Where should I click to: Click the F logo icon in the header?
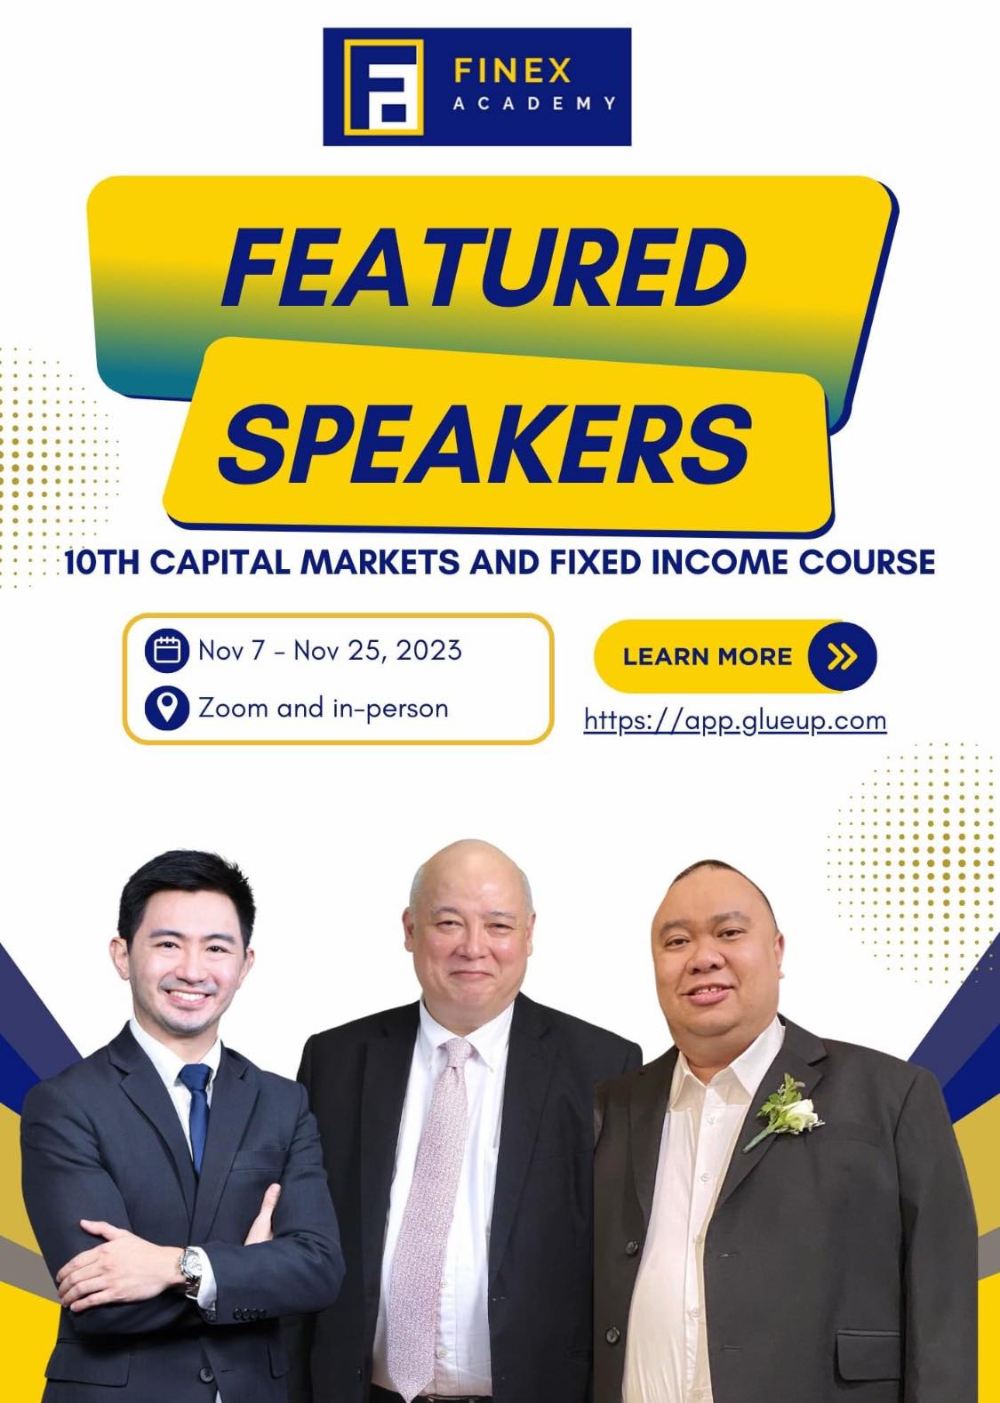[x=383, y=87]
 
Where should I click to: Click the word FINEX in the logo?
[x=512, y=71]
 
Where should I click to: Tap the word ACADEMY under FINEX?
[x=534, y=103]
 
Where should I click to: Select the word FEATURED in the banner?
[x=484, y=269]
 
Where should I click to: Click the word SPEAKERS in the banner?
[x=485, y=444]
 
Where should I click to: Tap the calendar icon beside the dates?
[x=166, y=651]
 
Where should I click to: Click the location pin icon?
[x=166, y=708]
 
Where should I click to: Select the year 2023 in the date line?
[x=429, y=651]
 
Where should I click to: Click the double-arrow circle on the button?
[x=842, y=656]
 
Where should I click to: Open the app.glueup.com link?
[x=735, y=721]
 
